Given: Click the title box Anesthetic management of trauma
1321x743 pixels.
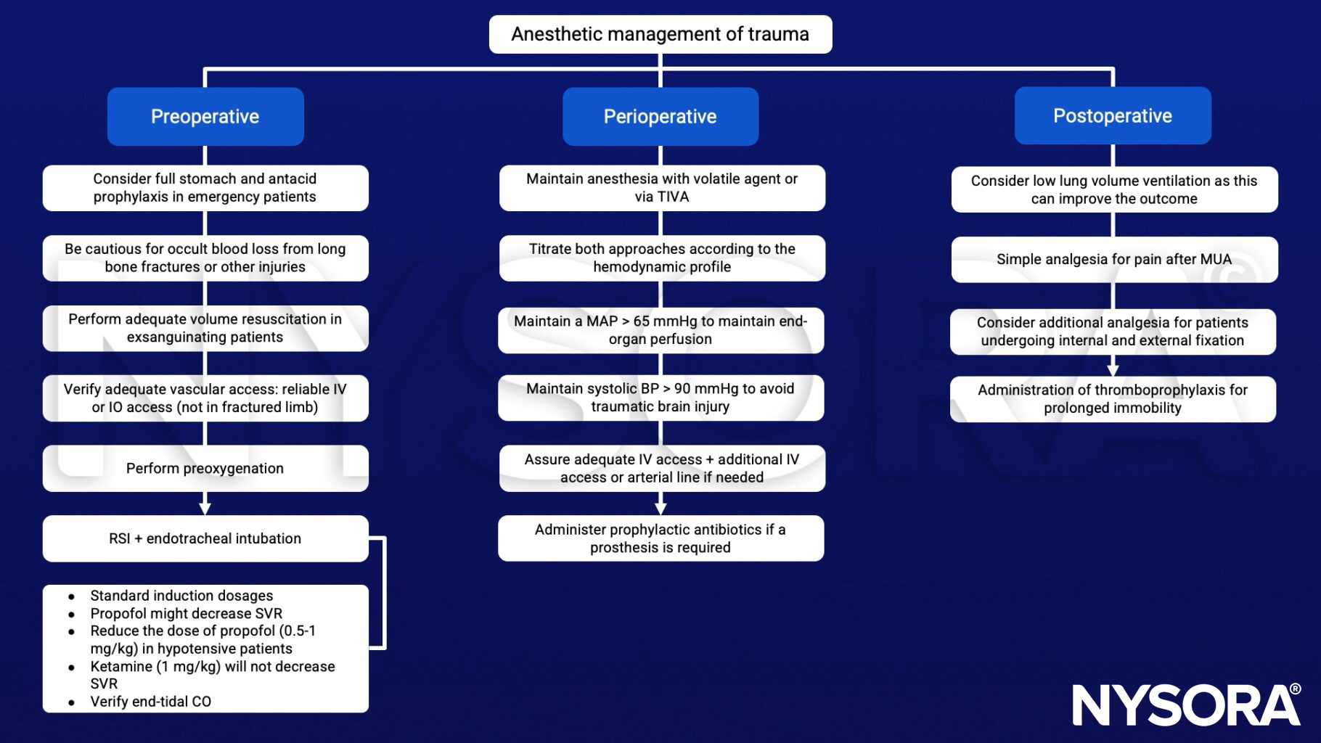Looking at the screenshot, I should click(x=660, y=34).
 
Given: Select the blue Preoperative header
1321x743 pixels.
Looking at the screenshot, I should click(x=205, y=116).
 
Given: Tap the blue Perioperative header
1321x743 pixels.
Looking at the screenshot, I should click(x=660, y=116).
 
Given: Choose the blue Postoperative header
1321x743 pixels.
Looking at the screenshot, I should click(x=1112, y=115).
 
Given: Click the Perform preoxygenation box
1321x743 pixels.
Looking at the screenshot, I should click(x=205, y=468).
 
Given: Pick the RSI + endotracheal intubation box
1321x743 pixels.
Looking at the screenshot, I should click(x=205, y=538).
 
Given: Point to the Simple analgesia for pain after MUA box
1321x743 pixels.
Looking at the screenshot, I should click(x=1113, y=259).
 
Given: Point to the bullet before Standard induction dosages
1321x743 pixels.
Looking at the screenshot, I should click(x=72, y=596).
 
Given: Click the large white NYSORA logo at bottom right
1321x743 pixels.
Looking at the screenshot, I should click(x=1186, y=704).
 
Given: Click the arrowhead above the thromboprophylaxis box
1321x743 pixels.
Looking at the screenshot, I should click(x=1113, y=369).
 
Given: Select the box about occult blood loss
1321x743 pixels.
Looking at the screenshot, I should click(x=205, y=258).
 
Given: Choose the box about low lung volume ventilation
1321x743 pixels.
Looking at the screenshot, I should click(x=1113, y=189).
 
